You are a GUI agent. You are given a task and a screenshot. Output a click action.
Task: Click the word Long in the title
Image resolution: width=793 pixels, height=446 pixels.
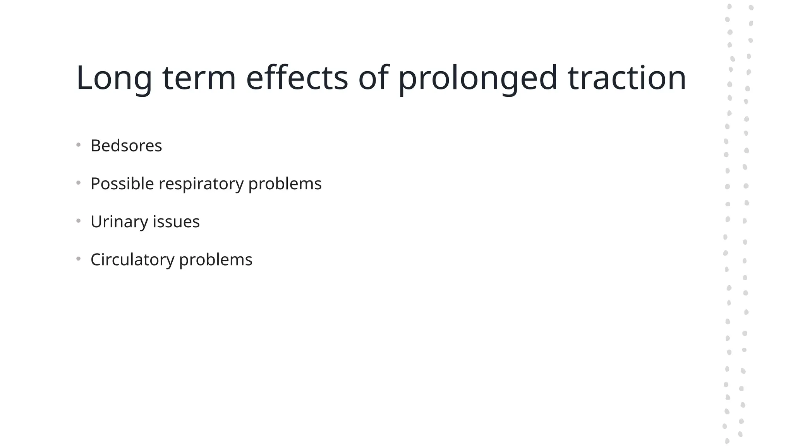114,78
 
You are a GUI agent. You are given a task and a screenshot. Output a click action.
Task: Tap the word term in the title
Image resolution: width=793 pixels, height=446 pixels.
199,78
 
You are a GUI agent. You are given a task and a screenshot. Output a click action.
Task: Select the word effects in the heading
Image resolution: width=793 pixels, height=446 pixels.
297,78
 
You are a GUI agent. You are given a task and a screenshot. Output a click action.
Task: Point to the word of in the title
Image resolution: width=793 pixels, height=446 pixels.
373,78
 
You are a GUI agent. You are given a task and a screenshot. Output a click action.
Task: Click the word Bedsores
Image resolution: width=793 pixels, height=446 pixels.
126,146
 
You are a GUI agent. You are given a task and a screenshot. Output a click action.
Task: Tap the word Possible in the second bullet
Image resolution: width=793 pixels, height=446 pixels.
122,184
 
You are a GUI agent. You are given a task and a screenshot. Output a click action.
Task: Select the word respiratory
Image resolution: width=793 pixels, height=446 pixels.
201,184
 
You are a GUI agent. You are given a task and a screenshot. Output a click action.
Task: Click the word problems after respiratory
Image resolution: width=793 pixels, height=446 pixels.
285,184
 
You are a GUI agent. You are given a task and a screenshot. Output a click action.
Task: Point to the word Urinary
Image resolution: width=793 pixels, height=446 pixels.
119,222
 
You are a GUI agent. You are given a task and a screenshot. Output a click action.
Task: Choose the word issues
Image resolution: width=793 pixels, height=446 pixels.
176,222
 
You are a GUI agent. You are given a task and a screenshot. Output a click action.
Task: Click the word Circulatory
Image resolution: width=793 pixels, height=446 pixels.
132,260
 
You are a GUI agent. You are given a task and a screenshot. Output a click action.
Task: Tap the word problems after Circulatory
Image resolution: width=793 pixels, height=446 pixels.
216,260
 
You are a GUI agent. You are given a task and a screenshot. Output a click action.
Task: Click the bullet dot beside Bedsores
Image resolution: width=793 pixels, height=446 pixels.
79,145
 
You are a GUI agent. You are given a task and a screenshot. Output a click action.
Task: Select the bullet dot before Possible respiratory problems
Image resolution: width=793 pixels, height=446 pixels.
79,183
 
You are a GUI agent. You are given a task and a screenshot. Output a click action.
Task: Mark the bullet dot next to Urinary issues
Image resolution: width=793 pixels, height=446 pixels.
79,221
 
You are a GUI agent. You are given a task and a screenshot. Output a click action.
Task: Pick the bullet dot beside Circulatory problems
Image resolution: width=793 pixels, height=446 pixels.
79,259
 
